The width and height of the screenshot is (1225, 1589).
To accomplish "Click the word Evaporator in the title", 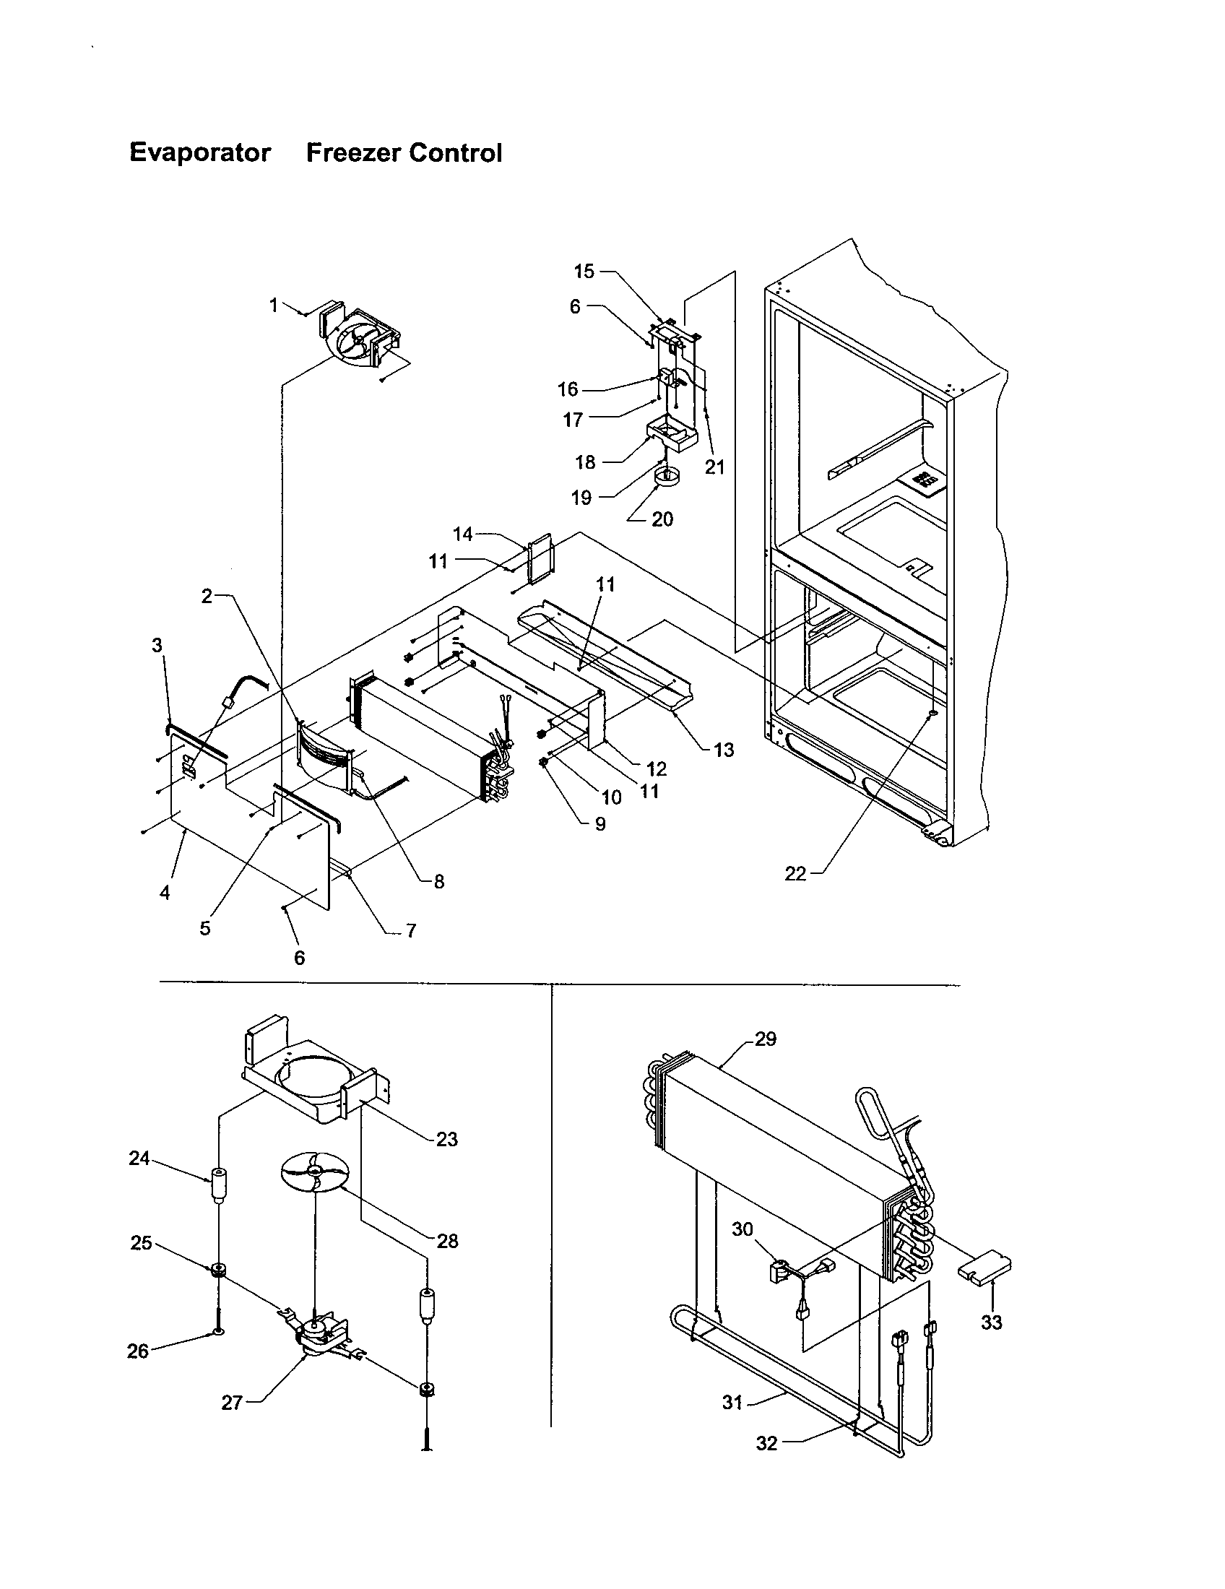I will pyautogui.click(x=200, y=153).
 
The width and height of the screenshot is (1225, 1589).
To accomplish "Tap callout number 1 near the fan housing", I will pyautogui.click(x=274, y=306).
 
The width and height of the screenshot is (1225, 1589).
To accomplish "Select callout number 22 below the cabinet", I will pyautogui.click(x=796, y=874).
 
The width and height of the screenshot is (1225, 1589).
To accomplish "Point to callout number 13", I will pyautogui.click(x=724, y=750).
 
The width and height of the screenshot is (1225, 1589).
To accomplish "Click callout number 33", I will pyautogui.click(x=992, y=1322).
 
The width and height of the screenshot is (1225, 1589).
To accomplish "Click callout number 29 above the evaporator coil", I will pyautogui.click(x=765, y=1039).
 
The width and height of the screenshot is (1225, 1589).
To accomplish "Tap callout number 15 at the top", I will pyautogui.click(x=584, y=272).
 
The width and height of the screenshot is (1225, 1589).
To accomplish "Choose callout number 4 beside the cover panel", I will pyautogui.click(x=165, y=893).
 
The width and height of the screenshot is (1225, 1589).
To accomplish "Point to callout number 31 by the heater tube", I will pyautogui.click(x=732, y=1402).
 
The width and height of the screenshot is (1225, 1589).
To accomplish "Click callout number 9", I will pyautogui.click(x=599, y=824).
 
